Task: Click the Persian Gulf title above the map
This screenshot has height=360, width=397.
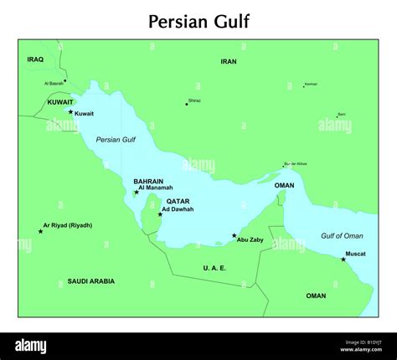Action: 198,20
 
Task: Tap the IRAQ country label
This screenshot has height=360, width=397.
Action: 34,59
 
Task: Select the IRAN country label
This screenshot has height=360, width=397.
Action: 229,61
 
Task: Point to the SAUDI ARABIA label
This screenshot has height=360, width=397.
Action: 91,281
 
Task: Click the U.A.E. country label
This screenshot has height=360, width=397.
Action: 214,268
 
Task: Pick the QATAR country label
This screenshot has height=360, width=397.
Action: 178,201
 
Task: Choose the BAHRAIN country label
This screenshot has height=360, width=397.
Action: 147,181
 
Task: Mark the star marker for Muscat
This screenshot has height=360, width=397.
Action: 343,259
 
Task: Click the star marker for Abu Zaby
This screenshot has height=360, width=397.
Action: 234,235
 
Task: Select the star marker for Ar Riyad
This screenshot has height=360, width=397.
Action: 40,230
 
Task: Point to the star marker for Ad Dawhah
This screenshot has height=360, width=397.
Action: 160,213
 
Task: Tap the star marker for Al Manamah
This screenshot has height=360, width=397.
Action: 137,193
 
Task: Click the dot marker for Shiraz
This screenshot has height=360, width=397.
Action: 186,104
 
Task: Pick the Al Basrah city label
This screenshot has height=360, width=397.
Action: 54,84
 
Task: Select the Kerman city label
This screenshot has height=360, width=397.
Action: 311,84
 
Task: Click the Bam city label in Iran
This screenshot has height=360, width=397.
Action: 341,114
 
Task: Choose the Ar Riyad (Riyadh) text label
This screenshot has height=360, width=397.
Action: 70,225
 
